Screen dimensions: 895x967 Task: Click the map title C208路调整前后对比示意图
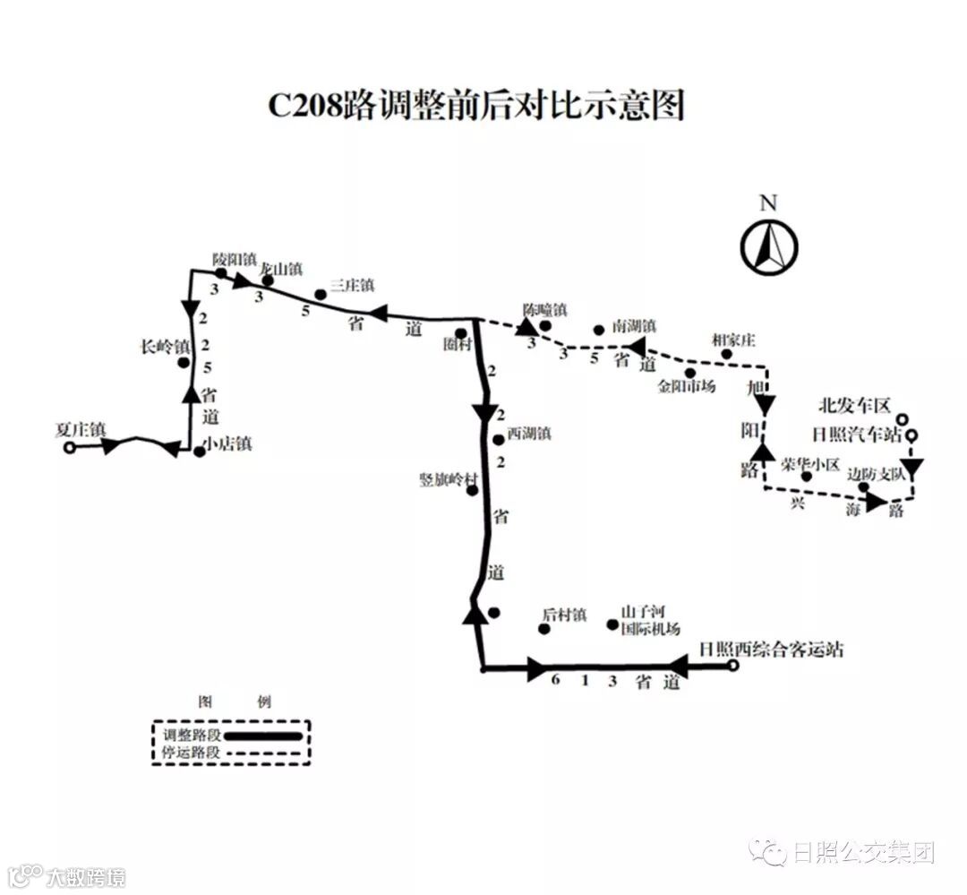click(x=477, y=105)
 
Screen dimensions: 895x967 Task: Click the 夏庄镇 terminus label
click(x=80, y=431)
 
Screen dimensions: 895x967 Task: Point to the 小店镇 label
click(x=227, y=443)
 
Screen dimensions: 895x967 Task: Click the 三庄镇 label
click(x=351, y=284)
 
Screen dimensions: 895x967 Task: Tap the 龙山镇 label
click(x=280, y=267)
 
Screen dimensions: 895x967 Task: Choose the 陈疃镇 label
click(x=545, y=310)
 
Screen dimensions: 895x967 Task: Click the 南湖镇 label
click(x=635, y=326)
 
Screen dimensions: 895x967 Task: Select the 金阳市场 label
click(x=687, y=386)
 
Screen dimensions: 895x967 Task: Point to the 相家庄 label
click(x=733, y=340)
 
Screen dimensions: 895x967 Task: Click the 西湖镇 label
click(x=528, y=434)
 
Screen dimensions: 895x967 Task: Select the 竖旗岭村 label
click(x=449, y=479)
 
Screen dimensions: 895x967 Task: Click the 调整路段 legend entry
click(x=192, y=735)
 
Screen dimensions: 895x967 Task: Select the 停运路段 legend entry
click(x=192, y=753)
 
